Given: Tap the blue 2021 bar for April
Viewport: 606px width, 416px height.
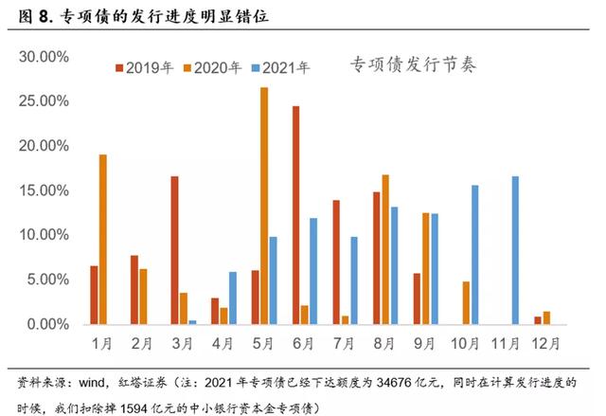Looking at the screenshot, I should (233, 298).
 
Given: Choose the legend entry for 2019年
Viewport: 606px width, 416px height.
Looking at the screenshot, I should (143, 67).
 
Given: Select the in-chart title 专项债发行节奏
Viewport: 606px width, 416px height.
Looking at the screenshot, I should (413, 64).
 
